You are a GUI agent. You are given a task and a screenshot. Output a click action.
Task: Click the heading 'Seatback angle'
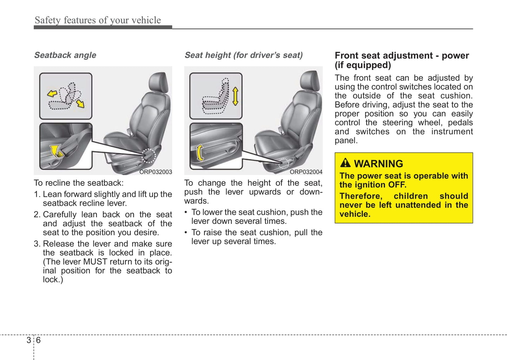(65, 55)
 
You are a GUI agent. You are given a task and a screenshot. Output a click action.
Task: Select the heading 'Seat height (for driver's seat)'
(244, 55)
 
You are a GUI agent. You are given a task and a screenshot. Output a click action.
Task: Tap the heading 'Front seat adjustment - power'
(402, 56)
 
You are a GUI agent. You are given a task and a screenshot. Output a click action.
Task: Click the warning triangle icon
(345, 163)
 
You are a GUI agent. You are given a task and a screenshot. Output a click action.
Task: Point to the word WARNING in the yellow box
(378, 164)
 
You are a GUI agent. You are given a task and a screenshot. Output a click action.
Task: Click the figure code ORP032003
(155, 172)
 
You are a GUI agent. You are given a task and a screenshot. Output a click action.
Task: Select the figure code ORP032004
(306, 172)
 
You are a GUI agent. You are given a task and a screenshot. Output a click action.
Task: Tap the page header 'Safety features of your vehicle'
(98, 20)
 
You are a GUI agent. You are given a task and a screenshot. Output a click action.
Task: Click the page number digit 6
(38, 340)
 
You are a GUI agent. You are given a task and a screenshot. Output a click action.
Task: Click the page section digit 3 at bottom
(28, 340)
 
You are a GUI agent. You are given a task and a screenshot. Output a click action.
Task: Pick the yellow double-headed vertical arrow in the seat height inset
(235, 96)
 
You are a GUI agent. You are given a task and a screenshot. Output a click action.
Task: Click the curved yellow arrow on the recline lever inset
(56, 151)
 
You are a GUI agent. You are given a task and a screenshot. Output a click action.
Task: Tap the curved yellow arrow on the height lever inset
(200, 153)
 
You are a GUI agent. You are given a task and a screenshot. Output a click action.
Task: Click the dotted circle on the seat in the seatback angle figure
(149, 155)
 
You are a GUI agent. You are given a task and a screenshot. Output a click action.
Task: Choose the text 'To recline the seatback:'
(79, 183)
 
